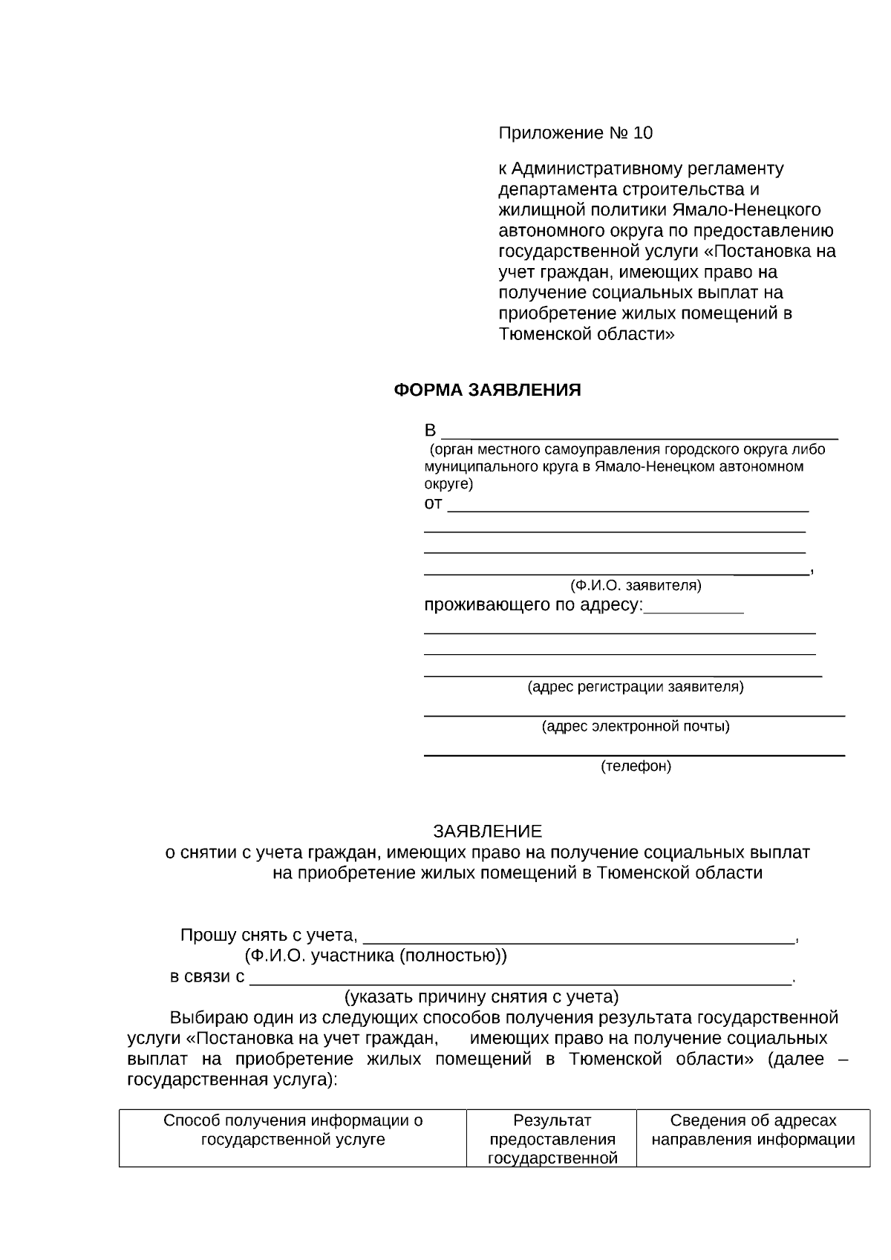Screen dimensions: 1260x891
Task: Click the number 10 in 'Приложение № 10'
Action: tap(643, 133)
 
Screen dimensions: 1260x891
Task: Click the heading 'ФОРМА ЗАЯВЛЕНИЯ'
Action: tap(487, 390)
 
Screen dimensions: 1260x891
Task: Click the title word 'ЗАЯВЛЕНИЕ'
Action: tap(488, 831)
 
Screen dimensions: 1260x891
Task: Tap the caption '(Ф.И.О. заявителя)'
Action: tap(636, 585)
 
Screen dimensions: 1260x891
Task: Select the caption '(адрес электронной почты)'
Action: tap(636, 725)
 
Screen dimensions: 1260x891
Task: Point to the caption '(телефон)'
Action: tap(636, 766)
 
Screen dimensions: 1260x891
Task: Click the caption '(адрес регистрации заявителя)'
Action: tap(636, 686)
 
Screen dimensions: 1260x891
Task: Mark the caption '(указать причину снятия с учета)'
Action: tap(481, 996)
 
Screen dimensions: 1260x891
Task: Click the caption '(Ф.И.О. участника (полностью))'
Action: tap(376, 956)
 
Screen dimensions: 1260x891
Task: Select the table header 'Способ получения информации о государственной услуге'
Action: tap(293, 1129)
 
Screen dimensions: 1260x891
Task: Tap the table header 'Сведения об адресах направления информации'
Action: tap(753, 1129)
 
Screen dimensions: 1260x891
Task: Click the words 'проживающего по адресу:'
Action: tap(533, 605)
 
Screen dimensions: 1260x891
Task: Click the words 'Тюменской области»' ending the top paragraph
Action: tap(587, 333)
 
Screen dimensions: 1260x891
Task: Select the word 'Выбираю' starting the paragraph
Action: tap(202, 1017)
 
